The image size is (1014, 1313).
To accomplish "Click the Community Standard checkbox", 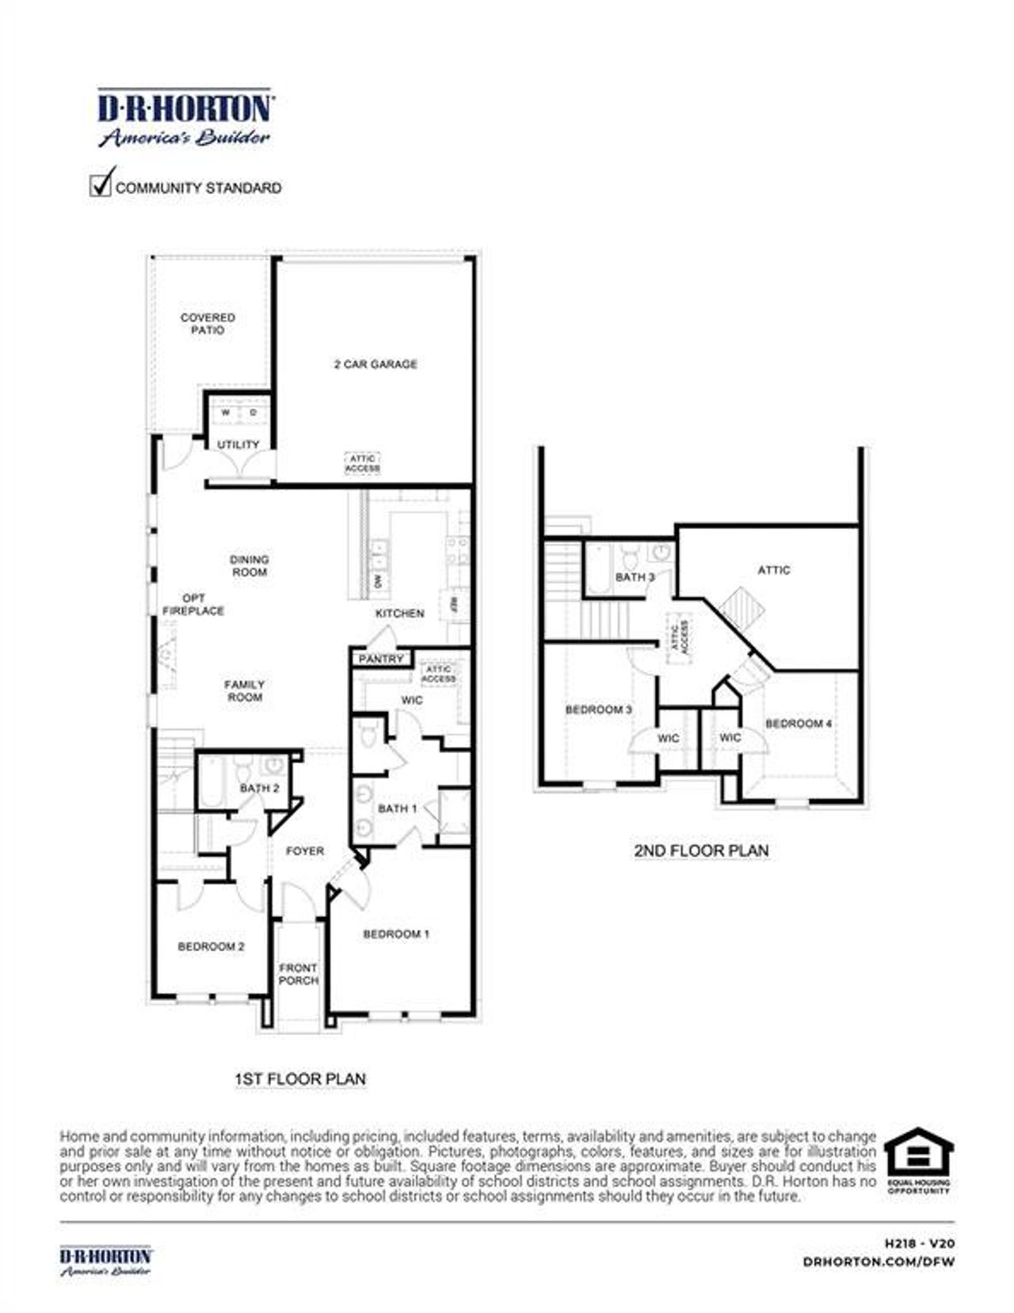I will (x=101, y=186).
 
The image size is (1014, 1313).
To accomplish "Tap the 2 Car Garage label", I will (x=375, y=364).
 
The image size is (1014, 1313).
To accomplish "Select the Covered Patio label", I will (x=208, y=324).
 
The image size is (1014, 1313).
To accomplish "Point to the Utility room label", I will (x=238, y=445).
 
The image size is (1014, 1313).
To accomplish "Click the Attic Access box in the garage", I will (x=362, y=463).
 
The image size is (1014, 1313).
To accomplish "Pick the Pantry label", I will (x=381, y=659).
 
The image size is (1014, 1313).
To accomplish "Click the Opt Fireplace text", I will (x=193, y=605).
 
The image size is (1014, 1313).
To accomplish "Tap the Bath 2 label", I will (x=259, y=789).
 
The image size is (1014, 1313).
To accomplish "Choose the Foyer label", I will (x=305, y=851).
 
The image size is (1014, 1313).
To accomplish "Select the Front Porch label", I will (x=299, y=974).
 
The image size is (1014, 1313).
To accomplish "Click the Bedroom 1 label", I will (x=396, y=934).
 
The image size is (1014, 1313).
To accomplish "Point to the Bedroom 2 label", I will (x=211, y=947).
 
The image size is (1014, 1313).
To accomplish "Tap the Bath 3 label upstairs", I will (x=635, y=577).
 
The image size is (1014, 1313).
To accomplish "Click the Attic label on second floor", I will (x=774, y=570).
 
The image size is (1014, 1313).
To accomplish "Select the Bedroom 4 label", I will (x=799, y=724).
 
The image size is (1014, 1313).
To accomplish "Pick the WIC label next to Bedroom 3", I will (x=669, y=738).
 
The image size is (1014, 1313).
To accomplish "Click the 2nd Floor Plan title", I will (x=701, y=851).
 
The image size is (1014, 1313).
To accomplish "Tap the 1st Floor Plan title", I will (x=300, y=1079).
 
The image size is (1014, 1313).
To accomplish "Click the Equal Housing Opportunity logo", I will (x=918, y=1161).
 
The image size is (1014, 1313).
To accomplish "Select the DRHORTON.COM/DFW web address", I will (x=879, y=1262).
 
